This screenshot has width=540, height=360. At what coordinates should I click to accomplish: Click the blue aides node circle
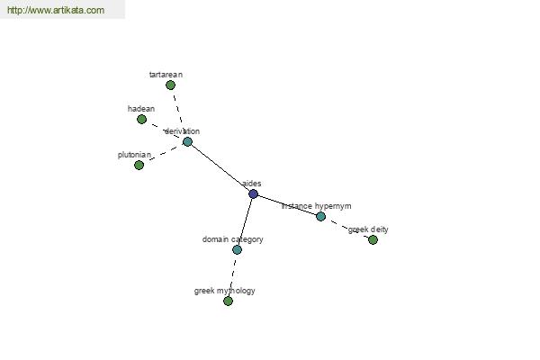click(x=253, y=194)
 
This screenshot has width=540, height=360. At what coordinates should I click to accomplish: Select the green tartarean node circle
click(x=170, y=85)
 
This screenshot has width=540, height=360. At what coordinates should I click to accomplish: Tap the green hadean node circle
click(x=141, y=120)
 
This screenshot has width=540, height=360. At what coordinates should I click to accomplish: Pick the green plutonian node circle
click(x=139, y=166)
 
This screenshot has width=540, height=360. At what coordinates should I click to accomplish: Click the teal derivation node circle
click(x=187, y=141)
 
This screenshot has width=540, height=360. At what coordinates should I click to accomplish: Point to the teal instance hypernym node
click(x=320, y=216)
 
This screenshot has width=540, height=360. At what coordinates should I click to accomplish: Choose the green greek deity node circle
click(x=373, y=239)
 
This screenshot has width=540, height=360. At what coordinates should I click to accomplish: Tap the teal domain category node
click(x=237, y=250)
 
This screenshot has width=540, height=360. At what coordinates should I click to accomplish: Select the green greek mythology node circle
click(x=228, y=301)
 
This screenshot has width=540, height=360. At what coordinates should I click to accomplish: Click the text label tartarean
click(x=166, y=75)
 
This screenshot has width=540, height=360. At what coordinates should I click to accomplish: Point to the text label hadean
click(x=141, y=109)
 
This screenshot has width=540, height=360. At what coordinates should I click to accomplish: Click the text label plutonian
click(x=134, y=155)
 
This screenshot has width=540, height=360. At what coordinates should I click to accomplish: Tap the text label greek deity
click(x=368, y=229)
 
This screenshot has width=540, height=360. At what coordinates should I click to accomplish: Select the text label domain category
click(x=233, y=239)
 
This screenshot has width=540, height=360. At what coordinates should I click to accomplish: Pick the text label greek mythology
click(x=224, y=291)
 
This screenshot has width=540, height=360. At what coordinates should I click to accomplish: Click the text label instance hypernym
click(x=317, y=206)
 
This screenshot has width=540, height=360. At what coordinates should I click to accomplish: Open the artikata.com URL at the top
click(x=56, y=10)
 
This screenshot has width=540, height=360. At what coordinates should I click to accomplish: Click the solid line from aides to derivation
click(x=220, y=167)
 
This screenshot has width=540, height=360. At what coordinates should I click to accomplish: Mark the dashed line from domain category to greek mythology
click(x=232, y=275)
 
